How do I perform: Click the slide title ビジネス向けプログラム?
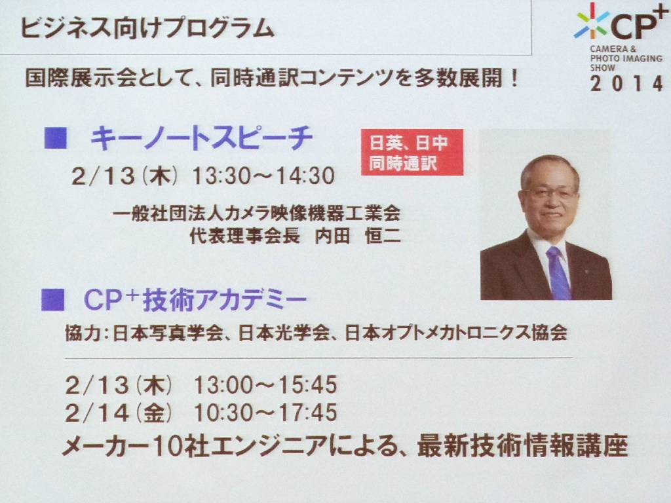coord(147,28)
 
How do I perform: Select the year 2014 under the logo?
coord(626,83)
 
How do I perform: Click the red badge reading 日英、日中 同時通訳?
coord(412,152)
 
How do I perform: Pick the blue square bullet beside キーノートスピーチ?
coord(56,139)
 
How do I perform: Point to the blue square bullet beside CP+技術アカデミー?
coord(52,299)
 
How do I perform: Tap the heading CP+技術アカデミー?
coord(195,299)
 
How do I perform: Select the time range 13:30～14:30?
coord(263,176)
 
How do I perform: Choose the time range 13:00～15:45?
coord(265,384)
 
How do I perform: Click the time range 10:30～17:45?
coord(265,413)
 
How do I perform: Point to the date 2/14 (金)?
coord(119,413)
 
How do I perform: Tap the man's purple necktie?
coord(558,273)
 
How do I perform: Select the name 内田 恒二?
coord(358,236)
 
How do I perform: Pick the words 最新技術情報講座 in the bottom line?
coord(522,445)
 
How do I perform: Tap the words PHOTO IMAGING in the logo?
coord(626,58)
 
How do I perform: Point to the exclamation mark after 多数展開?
coord(515,79)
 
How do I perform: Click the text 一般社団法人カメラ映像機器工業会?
coord(257,213)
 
